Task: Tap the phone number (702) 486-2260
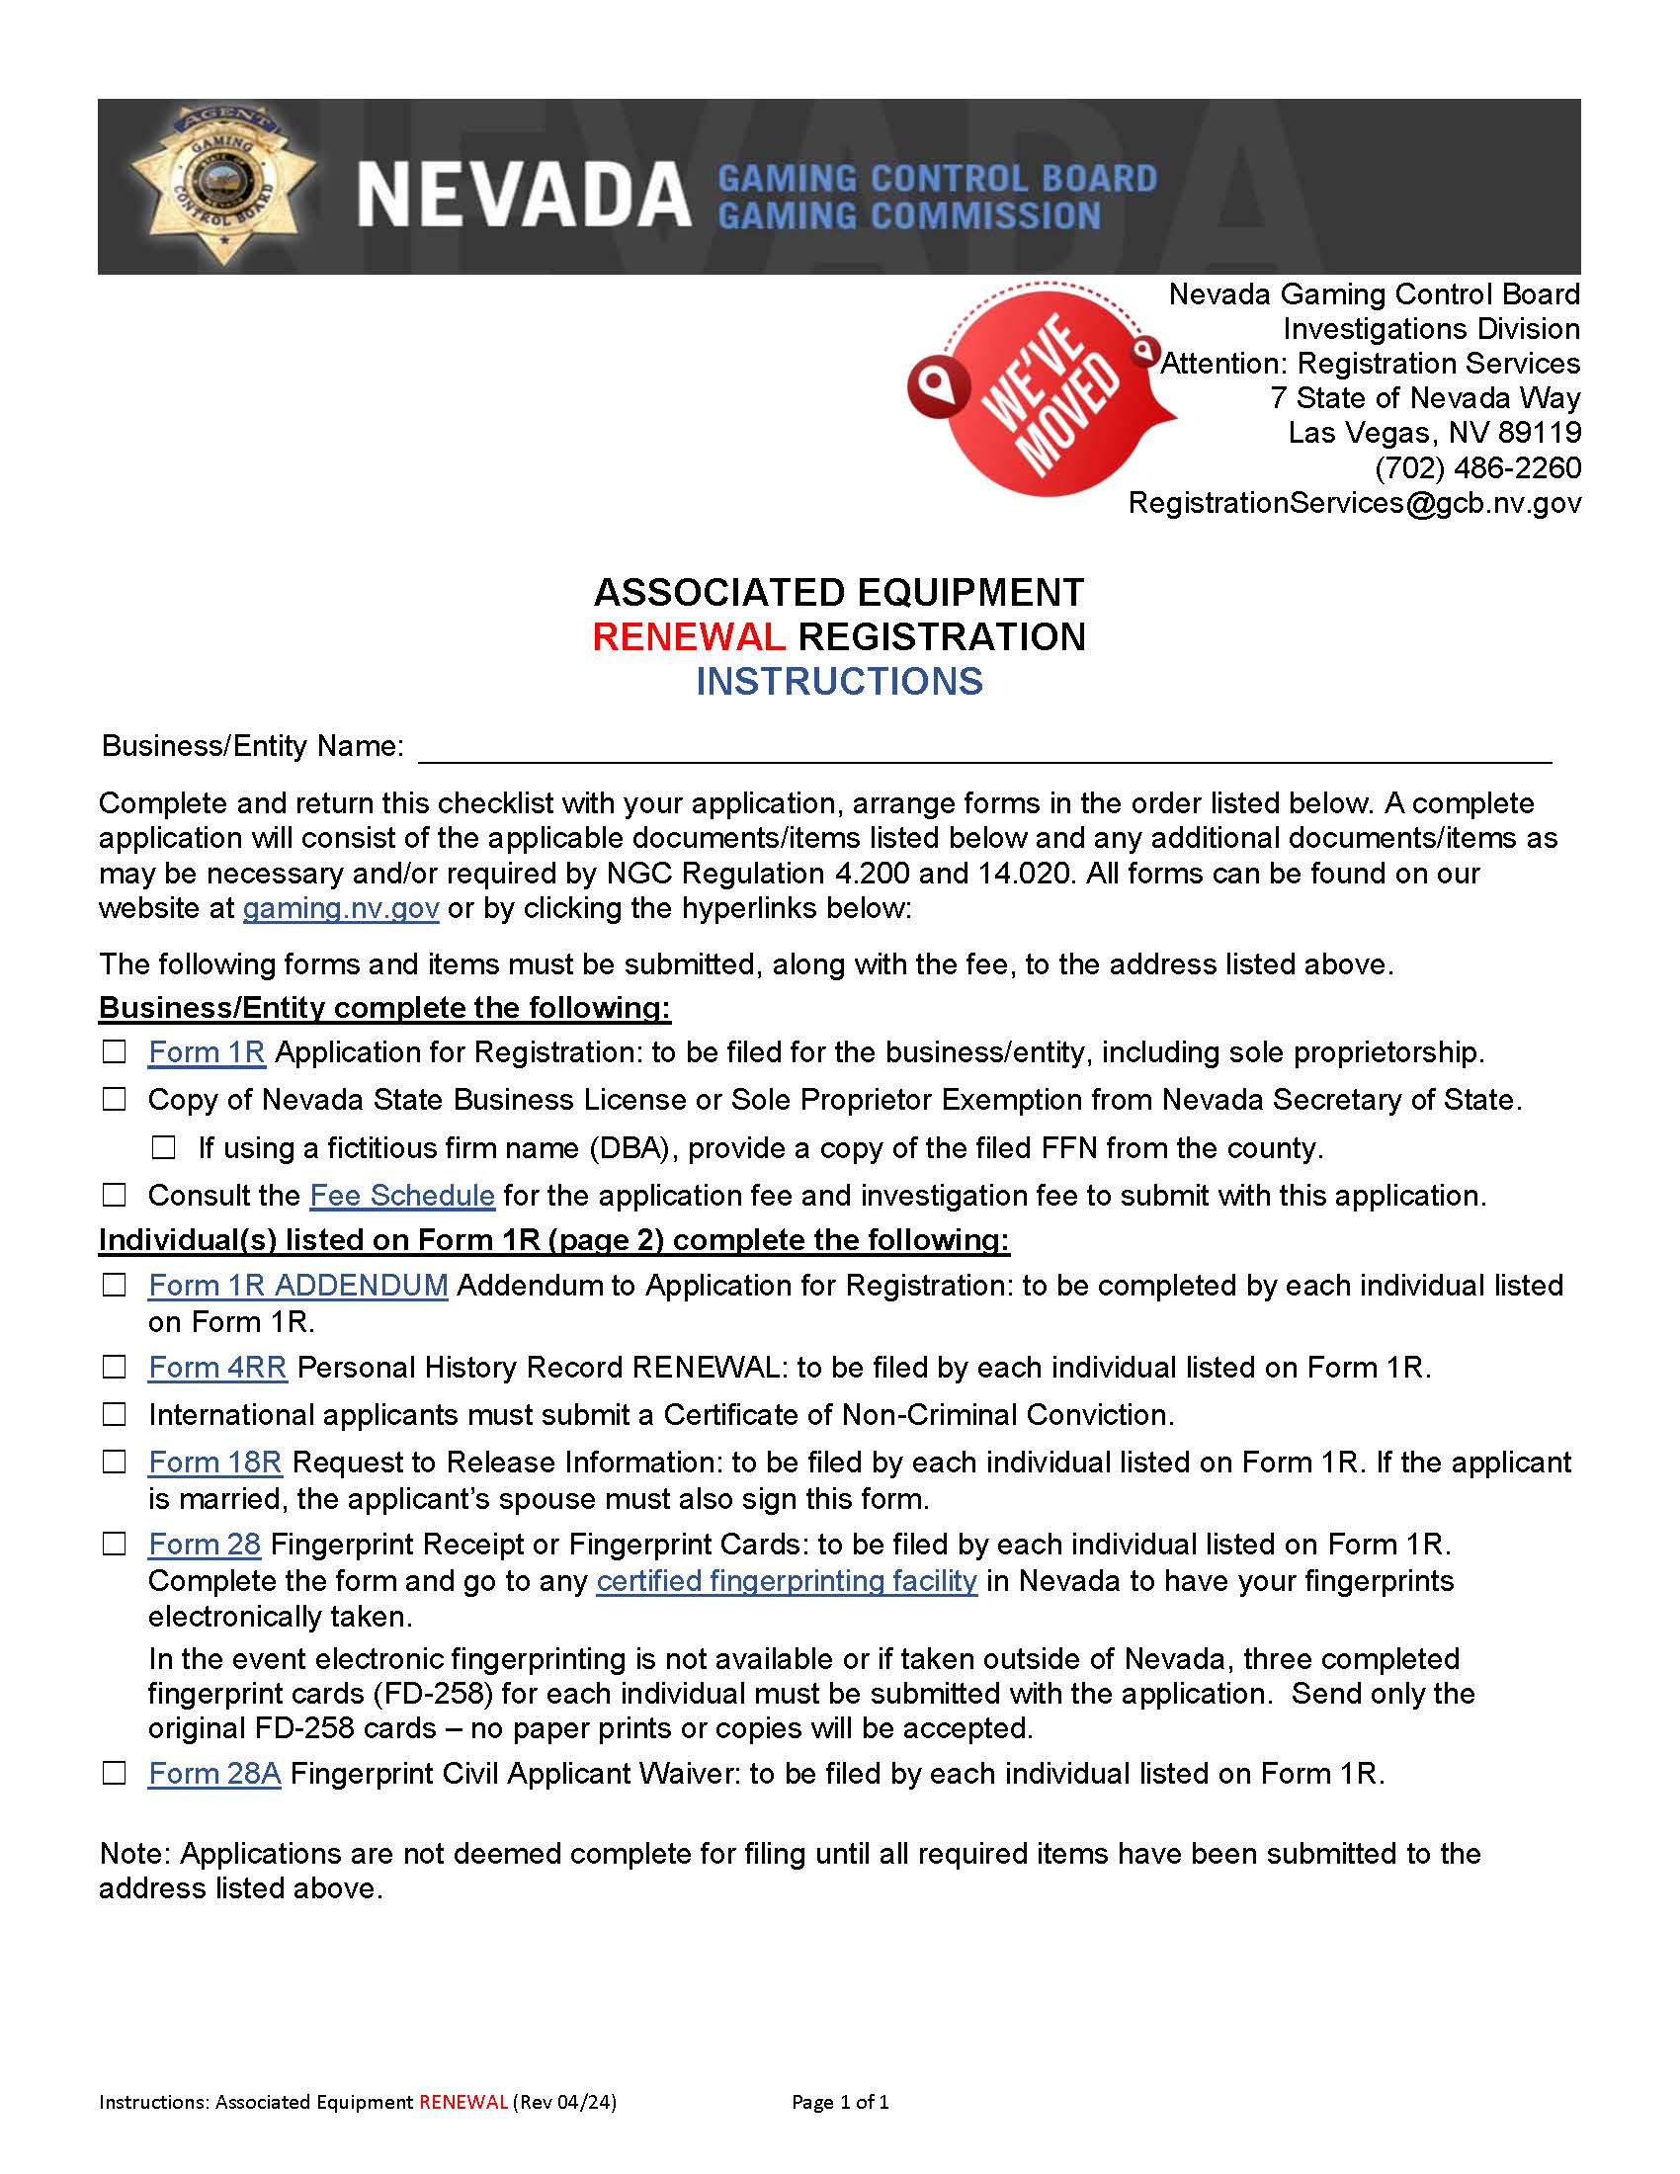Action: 1477,466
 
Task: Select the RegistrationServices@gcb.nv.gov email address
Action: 1354,503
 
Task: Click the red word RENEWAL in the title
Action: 688,637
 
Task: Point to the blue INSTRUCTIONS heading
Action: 839,682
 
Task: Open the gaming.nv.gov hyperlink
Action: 340,908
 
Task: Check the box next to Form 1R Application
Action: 115,1052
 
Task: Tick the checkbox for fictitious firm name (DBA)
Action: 164,1147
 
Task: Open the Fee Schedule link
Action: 402,1196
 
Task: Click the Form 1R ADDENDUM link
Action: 297,1285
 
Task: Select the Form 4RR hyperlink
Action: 217,1368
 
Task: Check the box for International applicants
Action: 115,1414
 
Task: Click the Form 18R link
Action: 215,1463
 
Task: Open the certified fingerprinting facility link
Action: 787,1581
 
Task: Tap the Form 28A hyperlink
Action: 214,1774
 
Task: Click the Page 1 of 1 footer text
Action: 840,2102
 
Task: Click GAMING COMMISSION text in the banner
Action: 908,216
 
